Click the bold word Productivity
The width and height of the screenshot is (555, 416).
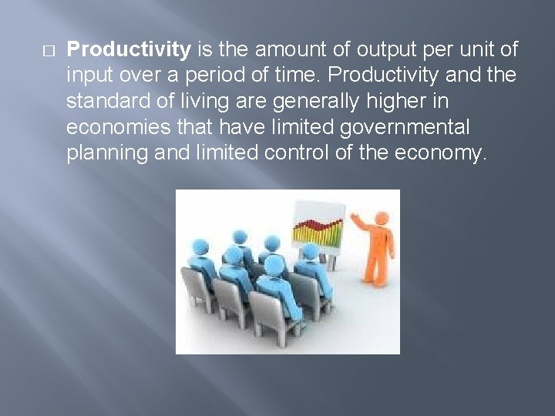pyautogui.click(x=129, y=50)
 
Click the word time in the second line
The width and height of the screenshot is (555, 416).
pyautogui.click(x=273, y=77)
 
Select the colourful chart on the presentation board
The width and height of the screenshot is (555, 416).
pyautogui.click(x=315, y=230)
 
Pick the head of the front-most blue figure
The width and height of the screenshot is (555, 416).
pyautogui.click(x=273, y=266)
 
